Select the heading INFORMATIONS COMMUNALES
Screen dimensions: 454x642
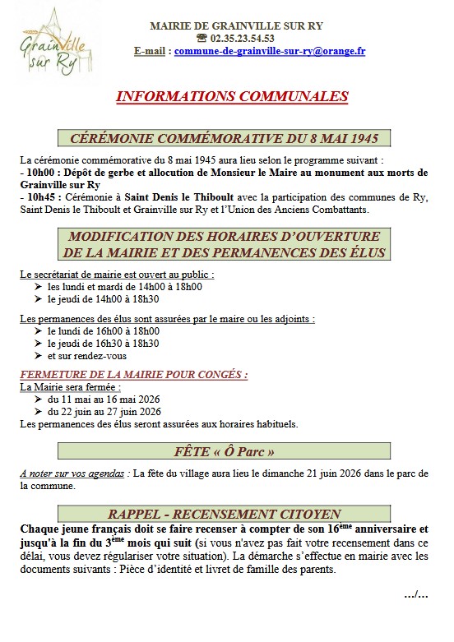point(233,97)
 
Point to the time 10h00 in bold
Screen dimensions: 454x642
point(36,173)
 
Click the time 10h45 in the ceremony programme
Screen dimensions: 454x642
point(36,198)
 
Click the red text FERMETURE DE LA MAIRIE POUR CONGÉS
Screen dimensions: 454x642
point(133,374)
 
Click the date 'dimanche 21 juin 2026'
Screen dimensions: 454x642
point(299,473)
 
